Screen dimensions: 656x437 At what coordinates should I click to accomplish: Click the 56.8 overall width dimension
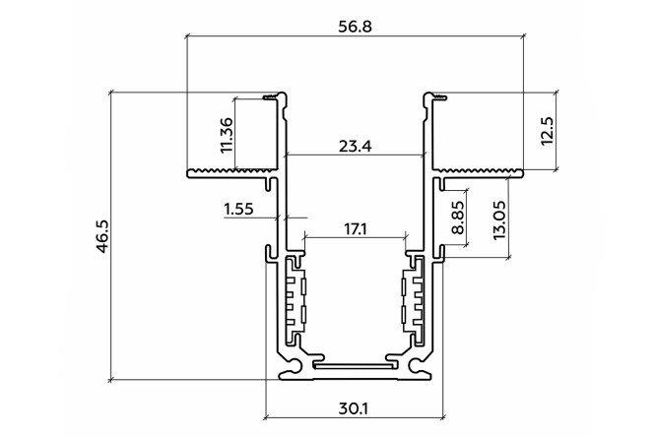pos(355,27)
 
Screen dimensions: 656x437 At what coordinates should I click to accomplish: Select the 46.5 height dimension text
pos(102,236)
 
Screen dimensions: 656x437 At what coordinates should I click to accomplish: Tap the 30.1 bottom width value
pos(354,408)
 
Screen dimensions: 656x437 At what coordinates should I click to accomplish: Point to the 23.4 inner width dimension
pos(355,147)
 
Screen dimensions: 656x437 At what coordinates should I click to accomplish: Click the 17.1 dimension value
pos(356,229)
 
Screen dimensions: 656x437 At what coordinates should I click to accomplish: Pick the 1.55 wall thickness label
pos(239,209)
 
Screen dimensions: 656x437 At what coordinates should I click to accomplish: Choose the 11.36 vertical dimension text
pos(227,135)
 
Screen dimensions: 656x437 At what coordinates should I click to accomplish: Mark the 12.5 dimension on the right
pos(547,131)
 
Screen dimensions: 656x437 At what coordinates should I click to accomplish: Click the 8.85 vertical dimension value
pos(458,218)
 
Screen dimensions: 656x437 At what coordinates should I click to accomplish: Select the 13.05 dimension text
pos(499,219)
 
